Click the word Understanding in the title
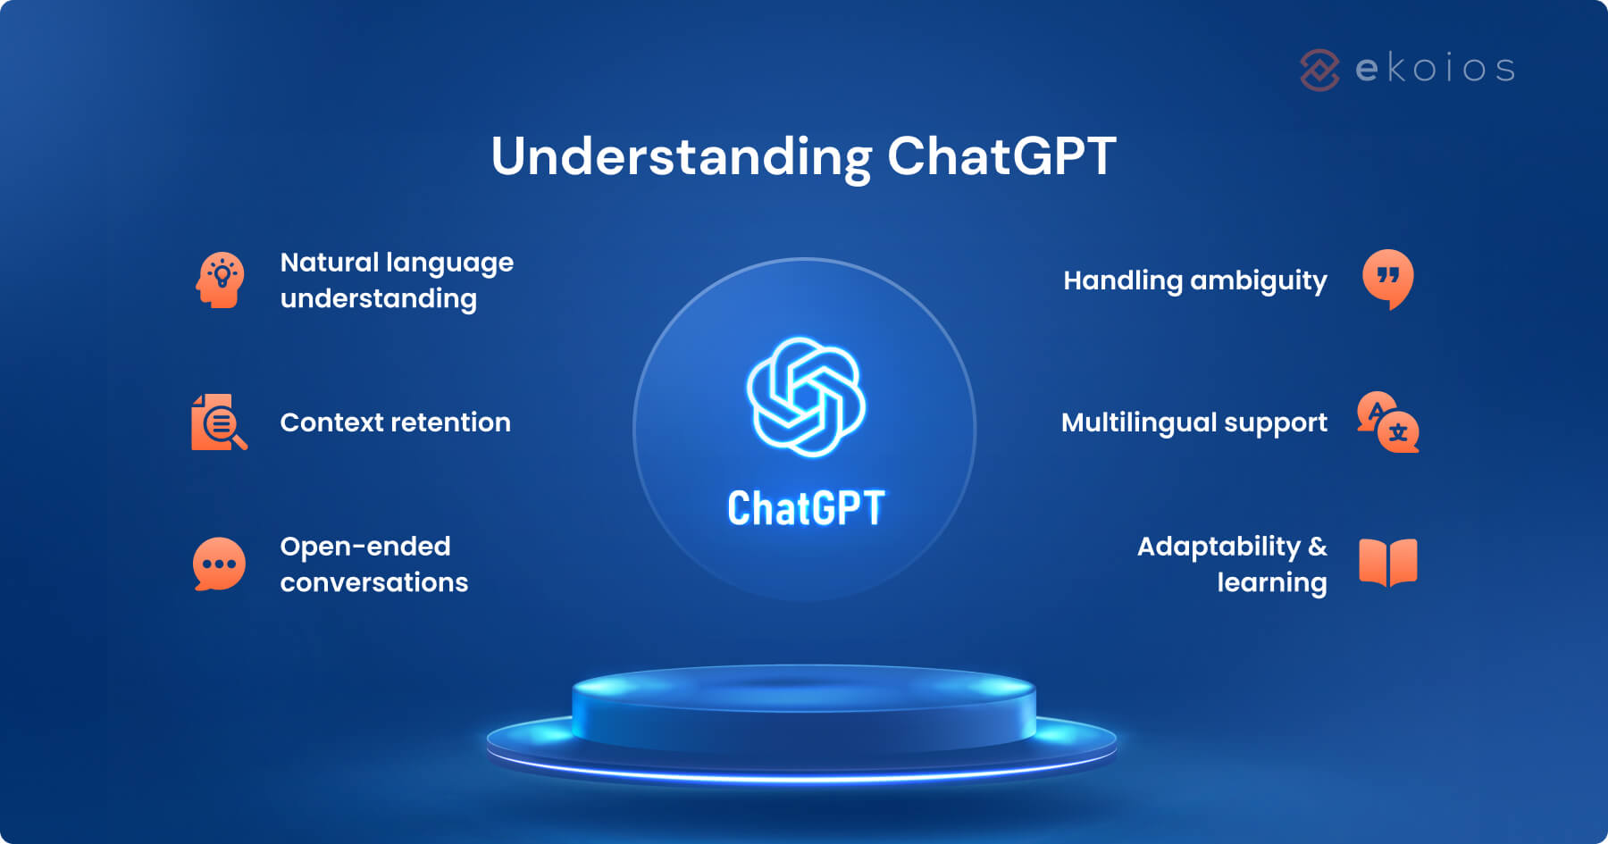pos(681,157)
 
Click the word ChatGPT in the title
pos(1001,157)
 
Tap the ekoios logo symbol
pos(1319,70)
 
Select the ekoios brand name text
pos(1435,69)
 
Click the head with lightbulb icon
pos(220,280)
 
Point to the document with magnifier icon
pos(218,422)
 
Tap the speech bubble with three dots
pos(219,564)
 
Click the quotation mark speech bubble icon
pos(1387,279)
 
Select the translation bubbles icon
pos(1387,422)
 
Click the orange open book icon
pos(1387,563)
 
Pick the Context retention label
pos(395,422)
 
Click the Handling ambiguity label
pos(1194,280)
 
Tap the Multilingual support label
pos(1193,422)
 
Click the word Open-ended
pos(364,546)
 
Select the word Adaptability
pos(1219,546)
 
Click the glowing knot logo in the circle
pos(806,397)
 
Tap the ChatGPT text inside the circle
pos(806,508)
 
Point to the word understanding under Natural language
pos(378,298)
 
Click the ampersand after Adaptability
pos(1317,546)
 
